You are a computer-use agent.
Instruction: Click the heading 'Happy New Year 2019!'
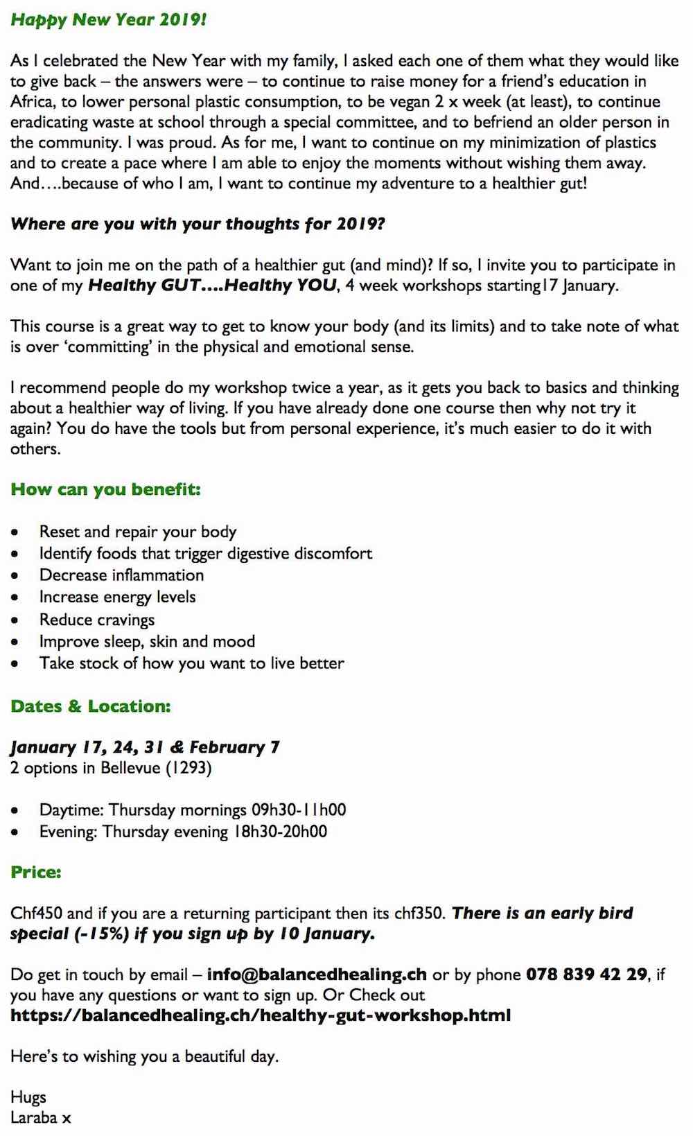pos(108,19)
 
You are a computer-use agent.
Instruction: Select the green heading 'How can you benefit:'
pos(105,489)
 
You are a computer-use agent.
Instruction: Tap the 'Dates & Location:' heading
pos(90,706)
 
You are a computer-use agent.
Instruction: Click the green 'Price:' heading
pos(36,872)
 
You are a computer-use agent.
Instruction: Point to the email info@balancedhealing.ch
pos(317,975)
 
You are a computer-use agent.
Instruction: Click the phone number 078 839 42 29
pos(586,975)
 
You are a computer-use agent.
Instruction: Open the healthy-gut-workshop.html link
pos(261,1015)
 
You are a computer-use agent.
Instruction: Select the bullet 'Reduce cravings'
pos(97,620)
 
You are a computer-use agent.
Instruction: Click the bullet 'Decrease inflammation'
pos(121,575)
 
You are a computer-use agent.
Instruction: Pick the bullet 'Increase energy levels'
pos(117,597)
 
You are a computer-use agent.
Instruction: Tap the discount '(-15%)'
pos(101,934)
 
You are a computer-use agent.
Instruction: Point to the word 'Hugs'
pos(28,1096)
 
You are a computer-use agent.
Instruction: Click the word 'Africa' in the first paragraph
pos(31,102)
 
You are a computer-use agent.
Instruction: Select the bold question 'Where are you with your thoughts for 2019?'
pos(198,225)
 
